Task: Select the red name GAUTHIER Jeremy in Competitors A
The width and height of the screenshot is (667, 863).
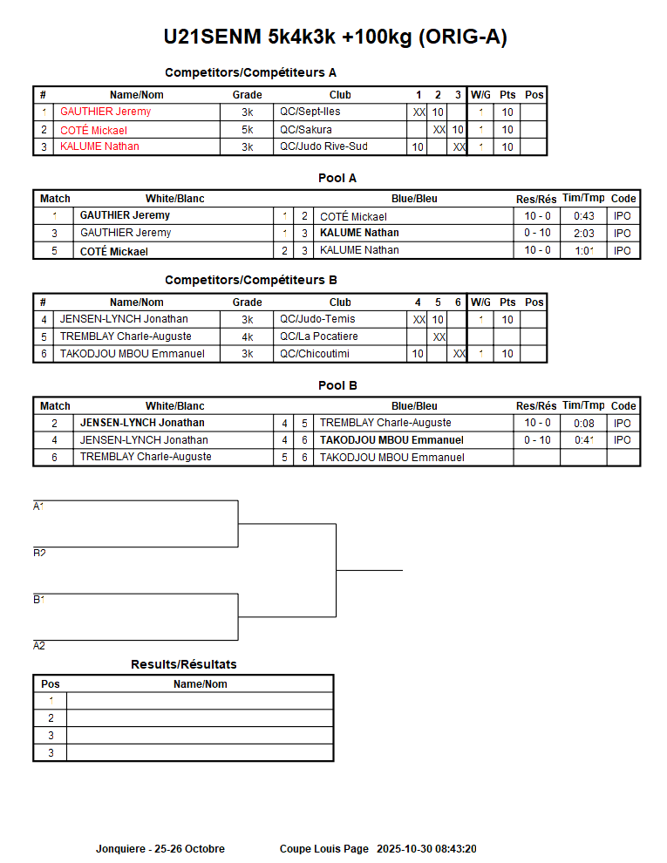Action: tap(105, 112)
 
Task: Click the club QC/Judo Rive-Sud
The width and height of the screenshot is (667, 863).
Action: tap(323, 146)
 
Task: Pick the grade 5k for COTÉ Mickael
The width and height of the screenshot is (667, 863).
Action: tap(248, 130)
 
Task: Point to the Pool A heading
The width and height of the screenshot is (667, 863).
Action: tap(337, 179)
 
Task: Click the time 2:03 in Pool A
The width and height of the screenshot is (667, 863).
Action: tap(584, 233)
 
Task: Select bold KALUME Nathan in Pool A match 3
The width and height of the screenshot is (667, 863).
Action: tap(359, 233)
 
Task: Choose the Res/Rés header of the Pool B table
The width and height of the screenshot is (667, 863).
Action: tap(536, 406)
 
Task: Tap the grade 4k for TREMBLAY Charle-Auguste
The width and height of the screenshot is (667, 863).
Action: tap(248, 336)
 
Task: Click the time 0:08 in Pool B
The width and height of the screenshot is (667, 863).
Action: tap(584, 423)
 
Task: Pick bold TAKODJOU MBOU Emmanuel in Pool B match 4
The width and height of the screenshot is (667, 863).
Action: tap(391, 440)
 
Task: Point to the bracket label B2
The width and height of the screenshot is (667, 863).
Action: tap(39, 554)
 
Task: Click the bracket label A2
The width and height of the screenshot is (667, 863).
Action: tap(39, 646)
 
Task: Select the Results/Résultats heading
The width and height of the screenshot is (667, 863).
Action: tap(184, 664)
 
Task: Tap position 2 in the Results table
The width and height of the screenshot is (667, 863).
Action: tap(51, 718)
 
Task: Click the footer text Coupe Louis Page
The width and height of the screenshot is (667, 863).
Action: tap(324, 849)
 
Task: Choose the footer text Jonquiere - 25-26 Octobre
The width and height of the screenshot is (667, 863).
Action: tap(160, 849)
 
